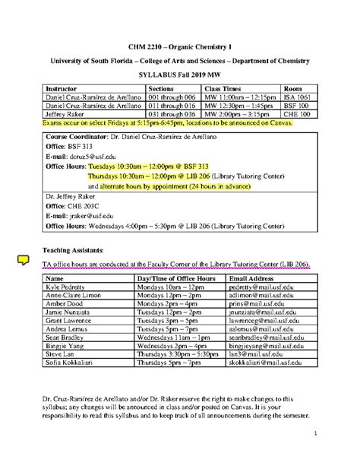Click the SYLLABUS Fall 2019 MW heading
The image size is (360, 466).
178,76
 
